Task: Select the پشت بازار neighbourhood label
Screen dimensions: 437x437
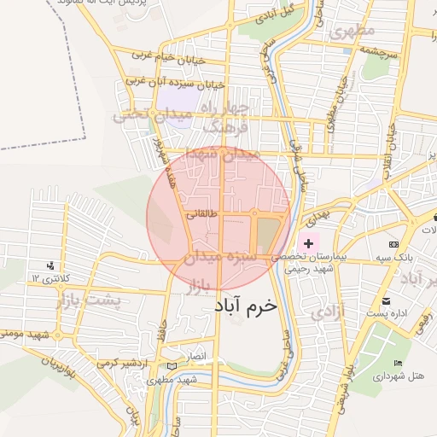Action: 89,300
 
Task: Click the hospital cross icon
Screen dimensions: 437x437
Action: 308,244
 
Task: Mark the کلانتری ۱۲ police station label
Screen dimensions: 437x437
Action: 48,277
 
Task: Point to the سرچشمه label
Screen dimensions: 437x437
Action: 379,51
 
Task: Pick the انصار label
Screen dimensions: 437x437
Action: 196,353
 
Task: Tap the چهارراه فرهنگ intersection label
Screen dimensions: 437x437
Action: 226,117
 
